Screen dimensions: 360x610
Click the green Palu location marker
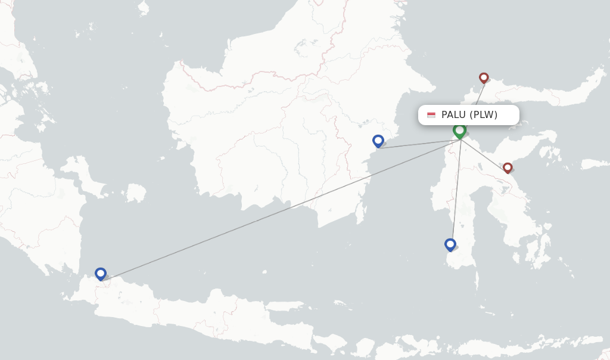point(459,131)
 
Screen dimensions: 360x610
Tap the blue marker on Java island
point(101,274)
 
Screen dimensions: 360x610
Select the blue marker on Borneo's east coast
point(378,141)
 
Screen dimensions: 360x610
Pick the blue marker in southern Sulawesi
point(450,244)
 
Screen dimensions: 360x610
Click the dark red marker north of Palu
point(484,77)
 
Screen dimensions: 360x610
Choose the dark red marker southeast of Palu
point(508,167)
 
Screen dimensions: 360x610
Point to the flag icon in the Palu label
point(431,115)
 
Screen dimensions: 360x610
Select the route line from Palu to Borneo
point(417,144)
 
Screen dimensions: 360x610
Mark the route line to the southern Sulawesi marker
point(456,191)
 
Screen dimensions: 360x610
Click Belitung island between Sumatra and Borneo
point(136,193)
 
